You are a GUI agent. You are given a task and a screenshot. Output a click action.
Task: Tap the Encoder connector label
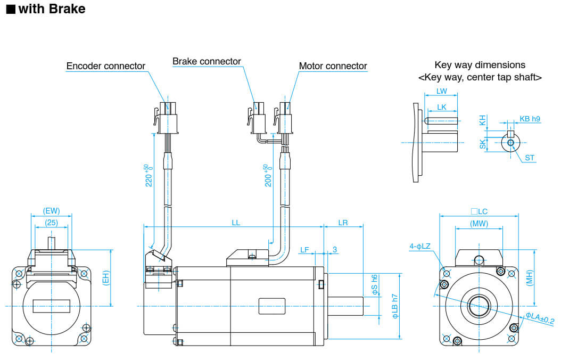(105, 66)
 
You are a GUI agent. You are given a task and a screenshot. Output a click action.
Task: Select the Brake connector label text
(207, 61)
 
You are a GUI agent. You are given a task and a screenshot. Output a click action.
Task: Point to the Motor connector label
(333, 66)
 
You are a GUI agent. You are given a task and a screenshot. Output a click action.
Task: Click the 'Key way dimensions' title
(480, 65)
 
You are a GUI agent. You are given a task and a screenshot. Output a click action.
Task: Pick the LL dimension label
(236, 223)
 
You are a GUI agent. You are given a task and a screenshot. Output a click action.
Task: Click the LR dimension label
(343, 223)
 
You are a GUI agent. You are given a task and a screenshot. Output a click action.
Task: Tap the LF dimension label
(304, 249)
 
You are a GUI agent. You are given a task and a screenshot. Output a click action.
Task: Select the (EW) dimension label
(51, 211)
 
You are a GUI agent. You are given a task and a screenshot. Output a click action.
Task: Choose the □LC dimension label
(479, 211)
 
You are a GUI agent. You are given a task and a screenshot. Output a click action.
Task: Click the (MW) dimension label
(479, 224)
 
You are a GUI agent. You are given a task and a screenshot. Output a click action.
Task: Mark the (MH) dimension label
(529, 277)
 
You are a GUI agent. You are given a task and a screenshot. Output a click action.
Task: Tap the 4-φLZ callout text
(420, 246)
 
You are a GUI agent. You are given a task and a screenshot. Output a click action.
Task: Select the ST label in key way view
(530, 158)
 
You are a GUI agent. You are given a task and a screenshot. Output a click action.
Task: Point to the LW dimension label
(441, 91)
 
